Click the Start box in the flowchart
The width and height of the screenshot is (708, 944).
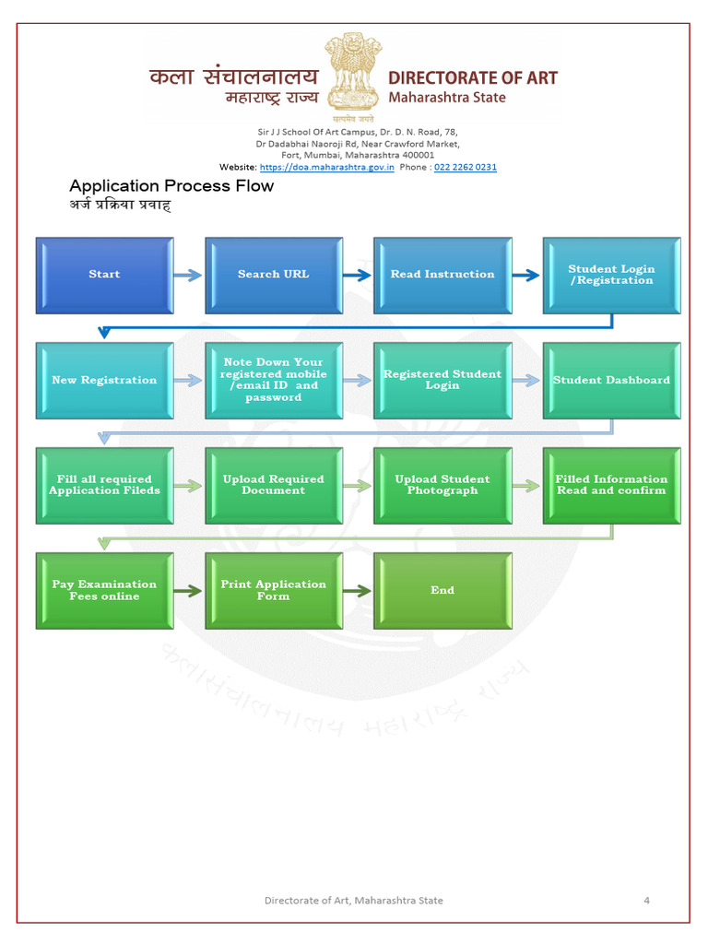click(x=104, y=275)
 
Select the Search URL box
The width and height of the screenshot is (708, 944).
click(x=274, y=275)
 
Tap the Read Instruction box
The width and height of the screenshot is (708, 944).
click(x=442, y=275)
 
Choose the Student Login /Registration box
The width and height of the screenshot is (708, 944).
click(x=611, y=275)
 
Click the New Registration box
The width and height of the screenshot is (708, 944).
click(x=104, y=380)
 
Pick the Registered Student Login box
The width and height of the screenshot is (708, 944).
click(x=442, y=380)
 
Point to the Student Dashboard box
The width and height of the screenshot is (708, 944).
click(x=611, y=380)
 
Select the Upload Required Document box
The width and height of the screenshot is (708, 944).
click(x=274, y=485)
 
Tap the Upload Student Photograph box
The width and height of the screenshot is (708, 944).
click(x=442, y=485)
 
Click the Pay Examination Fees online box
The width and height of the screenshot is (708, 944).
click(x=104, y=590)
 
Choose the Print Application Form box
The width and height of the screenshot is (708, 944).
click(x=274, y=590)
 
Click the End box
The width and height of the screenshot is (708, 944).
click(x=442, y=590)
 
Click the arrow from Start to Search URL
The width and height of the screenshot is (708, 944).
click(x=188, y=275)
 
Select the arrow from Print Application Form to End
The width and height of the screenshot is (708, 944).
click(x=358, y=591)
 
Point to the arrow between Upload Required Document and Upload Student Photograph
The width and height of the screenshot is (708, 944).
click(x=358, y=486)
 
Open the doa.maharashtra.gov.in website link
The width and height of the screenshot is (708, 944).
click(x=327, y=167)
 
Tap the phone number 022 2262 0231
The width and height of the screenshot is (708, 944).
click(x=466, y=167)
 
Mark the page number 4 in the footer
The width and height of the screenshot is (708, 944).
click(x=646, y=900)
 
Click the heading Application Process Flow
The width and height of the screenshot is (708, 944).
click(x=171, y=186)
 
